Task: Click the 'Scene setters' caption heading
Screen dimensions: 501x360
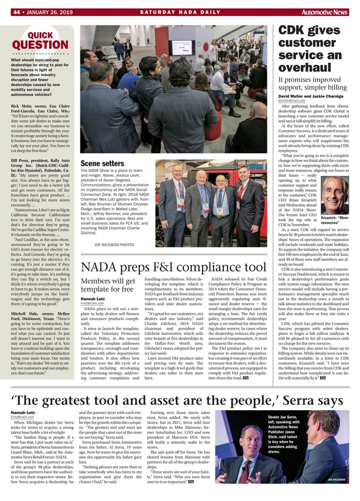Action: (x=102, y=163)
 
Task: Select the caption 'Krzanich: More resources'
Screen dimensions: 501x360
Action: (x=335, y=220)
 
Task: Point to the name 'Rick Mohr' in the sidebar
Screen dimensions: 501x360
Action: (x=21, y=107)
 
